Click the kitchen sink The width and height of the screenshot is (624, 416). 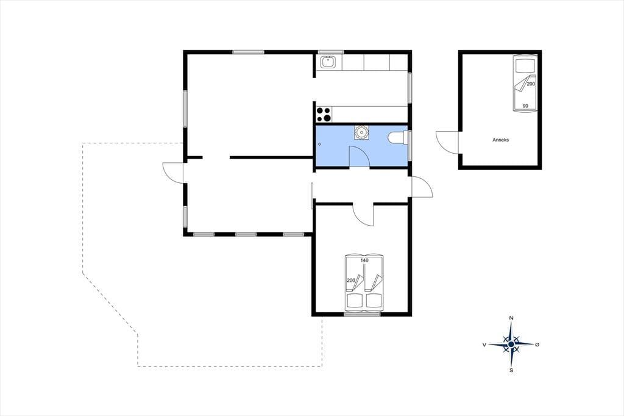(x=328, y=62)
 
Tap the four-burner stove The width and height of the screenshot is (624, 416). (x=324, y=114)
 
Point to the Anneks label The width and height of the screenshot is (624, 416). (x=501, y=140)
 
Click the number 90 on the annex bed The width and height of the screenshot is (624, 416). (x=525, y=106)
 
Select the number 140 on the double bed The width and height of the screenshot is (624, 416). (x=364, y=260)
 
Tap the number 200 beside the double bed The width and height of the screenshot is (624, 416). (x=351, y=281)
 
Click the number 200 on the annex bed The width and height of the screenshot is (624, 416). (x=531, y=84)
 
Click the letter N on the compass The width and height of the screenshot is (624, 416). (x=511, y=318)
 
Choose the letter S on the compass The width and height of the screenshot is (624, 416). (x=511, y=370)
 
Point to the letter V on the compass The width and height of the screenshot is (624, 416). (x=484, y=345)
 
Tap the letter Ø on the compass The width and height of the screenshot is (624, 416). (x=537, y=344)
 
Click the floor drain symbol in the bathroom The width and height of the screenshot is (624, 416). (x=319, y=144)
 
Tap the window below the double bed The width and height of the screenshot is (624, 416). (x=362, y=314)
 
